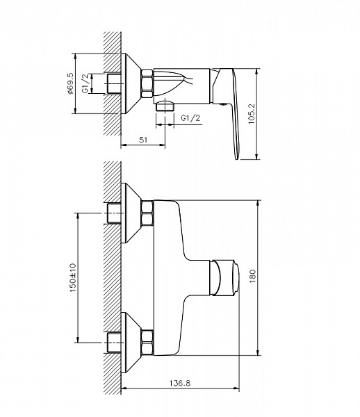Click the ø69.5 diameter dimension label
click(x=70, y=83)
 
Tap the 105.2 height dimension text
click(x=251, y=113)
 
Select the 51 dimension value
click(x=143, y=140)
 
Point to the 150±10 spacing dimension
click(x=72, y=277)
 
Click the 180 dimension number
click(x=252, y=276)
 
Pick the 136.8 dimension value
click(x=180, y=383)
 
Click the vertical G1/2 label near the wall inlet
click(x=85, y=83)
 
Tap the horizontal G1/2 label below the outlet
click(x=190, y=118)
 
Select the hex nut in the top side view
click(x=147, y=83)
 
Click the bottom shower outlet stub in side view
click(x=165, y=106)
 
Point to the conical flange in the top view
click(x=131, y=83)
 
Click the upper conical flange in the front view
click(x=131, y=213)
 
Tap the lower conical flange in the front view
click(x=131, y=342)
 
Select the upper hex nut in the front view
click(x=147, y=213)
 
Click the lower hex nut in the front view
click(x=147, y=342)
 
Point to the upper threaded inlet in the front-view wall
click(x=114, y=213)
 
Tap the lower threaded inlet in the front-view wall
click(x=114, y=342)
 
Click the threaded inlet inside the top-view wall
click(x=114, y=83)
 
